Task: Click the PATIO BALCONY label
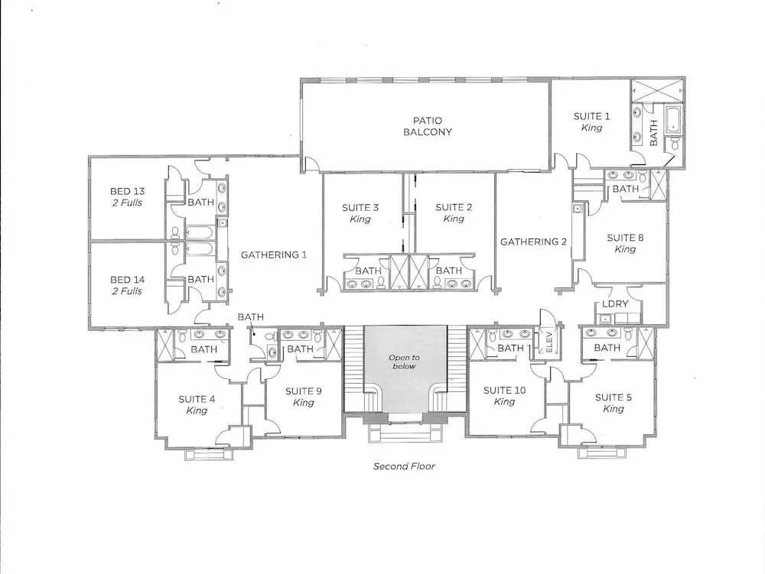pos(428,125)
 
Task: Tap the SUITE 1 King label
pos(591,122)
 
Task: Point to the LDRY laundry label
pos(615,303)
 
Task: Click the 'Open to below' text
pos(404,362)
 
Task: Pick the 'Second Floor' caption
pos(404,466)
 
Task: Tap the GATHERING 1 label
pos(274,255)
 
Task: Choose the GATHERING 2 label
pos(533,242)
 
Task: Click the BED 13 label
pos(127,192)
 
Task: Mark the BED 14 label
pos(127,280)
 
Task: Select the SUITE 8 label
pos(625,238)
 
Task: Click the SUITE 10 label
pos(504,391)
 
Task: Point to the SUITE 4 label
pos(197,399)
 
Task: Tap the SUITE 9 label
pos(304,391)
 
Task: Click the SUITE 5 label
pos(614,397)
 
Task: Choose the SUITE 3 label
pos(360,208)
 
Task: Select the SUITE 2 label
pos(454,207)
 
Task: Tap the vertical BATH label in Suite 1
pos(654,132)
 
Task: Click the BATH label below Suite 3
pos(369,271)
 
